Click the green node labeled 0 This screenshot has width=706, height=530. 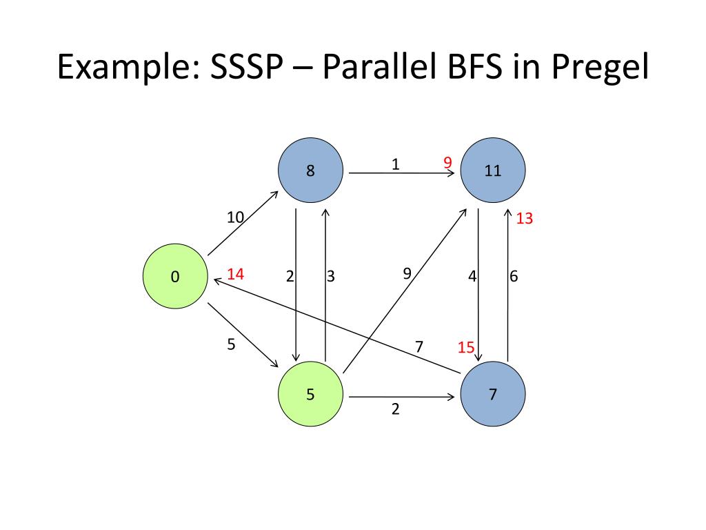point(175,277)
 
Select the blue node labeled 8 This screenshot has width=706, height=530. point(310,170)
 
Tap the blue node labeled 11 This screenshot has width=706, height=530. point(492,170)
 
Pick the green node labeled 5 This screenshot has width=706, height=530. point(310,395)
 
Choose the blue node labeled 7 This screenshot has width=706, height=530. point(492,395)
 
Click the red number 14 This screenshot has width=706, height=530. point(235,274)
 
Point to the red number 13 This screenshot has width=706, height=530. point(525,219)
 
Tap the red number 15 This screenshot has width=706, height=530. point(466,347)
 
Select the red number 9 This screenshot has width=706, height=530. point(447,163)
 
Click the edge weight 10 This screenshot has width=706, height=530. point(236,217)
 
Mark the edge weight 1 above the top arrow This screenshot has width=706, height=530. point(395,164)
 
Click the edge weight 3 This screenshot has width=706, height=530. point(331,277)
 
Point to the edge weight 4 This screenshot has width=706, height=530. point(472,277)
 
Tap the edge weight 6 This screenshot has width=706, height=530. point(514,277)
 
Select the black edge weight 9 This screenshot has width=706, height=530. point(407,273)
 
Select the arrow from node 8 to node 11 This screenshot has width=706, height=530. point(400,174)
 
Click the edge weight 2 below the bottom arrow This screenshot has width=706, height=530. point(395,409)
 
